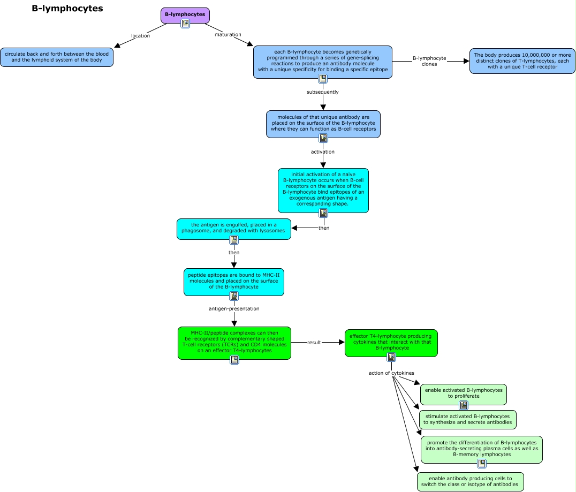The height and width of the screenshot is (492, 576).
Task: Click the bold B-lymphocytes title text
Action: click(x=67, y=9)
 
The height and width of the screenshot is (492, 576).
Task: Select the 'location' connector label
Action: click(x=140, y=36)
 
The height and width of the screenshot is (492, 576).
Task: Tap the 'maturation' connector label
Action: click(x=228, y=35)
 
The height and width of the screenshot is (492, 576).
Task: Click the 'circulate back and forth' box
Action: click(x=57, y=57)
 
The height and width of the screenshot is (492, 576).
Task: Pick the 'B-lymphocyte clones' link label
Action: click(x=429, y=61)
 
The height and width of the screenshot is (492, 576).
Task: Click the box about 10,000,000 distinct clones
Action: click(x=522, y=61)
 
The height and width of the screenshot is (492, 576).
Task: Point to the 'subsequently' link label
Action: click(x=323, y=92)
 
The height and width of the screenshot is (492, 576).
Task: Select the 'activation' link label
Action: click(x=323, y=152)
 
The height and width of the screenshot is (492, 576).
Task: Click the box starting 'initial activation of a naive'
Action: click(x=323, y=190)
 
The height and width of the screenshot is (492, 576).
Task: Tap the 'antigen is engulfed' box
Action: click(x=233, y=229)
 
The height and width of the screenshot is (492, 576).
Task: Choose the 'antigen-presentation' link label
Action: click(x=234, y=309)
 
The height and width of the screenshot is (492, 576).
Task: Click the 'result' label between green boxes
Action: click(x=314, y=343)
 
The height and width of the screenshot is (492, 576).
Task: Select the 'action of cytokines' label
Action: click(x=391, y=373)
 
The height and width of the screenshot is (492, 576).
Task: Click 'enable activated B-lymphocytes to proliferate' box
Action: click(x=464, y=394)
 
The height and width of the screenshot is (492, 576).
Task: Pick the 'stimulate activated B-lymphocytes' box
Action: click(x=468, y=420)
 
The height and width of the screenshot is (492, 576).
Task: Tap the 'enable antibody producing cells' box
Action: click(x=470, y=482)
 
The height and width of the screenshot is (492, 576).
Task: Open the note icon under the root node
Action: click(x=185, y=24)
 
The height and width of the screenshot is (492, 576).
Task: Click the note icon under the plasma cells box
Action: click(x=482, y=464)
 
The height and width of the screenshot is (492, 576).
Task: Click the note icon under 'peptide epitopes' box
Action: click(x=233, y=296)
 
